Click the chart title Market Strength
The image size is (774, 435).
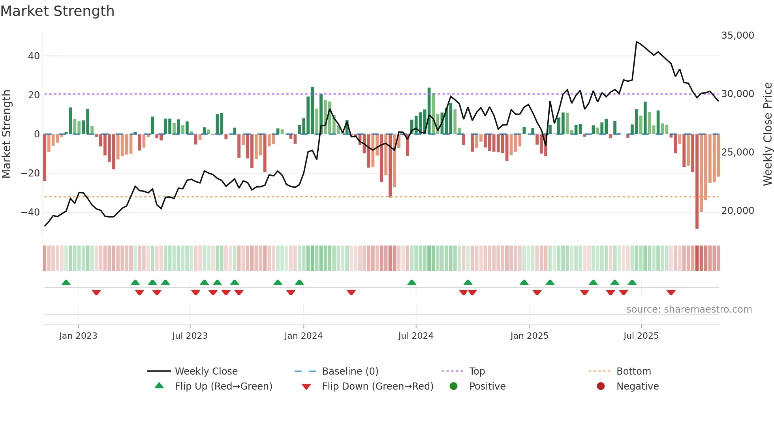[58, 11]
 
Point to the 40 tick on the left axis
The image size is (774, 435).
[34, 56]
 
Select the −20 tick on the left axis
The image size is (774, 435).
[30, 173]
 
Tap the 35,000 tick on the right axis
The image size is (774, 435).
[737, 36]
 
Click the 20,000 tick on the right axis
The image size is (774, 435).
[737, 211]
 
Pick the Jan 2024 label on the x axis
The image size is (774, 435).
[303, 336]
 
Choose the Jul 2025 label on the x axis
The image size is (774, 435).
[641, 336]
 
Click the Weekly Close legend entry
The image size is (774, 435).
[206, 371]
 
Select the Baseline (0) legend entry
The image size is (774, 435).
[350, 371]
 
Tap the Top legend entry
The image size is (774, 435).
[477, 371]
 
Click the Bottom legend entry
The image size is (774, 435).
[633, 371]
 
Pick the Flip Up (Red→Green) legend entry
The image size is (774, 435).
[223, 386]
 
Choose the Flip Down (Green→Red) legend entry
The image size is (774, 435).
[377, 386]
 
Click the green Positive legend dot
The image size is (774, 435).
[453, 386]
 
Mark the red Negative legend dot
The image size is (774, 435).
[601, 386]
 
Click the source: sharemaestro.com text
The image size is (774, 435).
[689, 309]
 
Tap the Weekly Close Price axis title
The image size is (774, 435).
[767, 134]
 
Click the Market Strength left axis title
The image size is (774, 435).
[7, 134]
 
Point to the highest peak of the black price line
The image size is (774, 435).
[637, 41]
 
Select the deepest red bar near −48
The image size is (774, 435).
[697, 182]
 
